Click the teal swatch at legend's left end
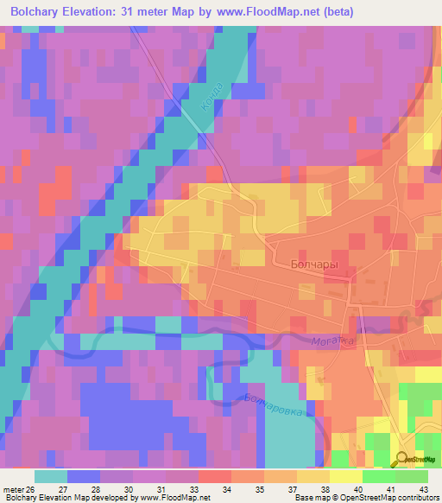(50, 476)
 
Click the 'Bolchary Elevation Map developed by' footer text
(69, 498)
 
